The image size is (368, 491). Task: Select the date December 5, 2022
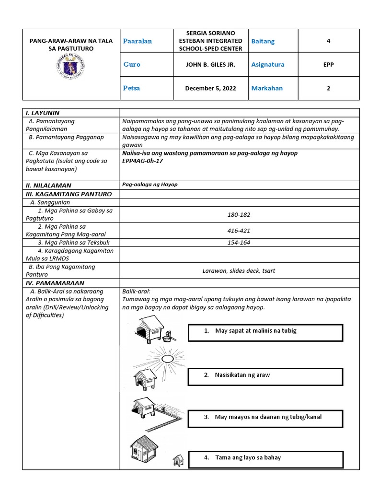click(x=210, y=89)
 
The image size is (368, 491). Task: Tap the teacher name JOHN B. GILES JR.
click(x=210, y=65)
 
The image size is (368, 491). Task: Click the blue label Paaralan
click(x=138, y=41)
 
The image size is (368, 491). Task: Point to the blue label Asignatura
click(x=267, y=65)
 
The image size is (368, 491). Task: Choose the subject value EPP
click(x=328, y=65)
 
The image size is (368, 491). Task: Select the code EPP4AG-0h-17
click(x=143, y=161)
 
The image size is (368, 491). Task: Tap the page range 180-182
click(x=239, y=214)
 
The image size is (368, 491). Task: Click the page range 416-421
click(x=239, y=231)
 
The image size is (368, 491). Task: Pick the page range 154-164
click(x=239, y=243)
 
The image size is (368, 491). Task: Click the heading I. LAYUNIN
click(x=43, y=113)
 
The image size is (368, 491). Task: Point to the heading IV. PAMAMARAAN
click(x=55, y=283)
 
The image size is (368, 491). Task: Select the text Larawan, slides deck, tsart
click(x=239, y=271)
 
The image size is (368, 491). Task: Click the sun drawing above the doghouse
click(x=168, y=358)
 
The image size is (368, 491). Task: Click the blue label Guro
click(x=132, y=65)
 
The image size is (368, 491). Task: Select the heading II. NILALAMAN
click(x=48, y=185)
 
